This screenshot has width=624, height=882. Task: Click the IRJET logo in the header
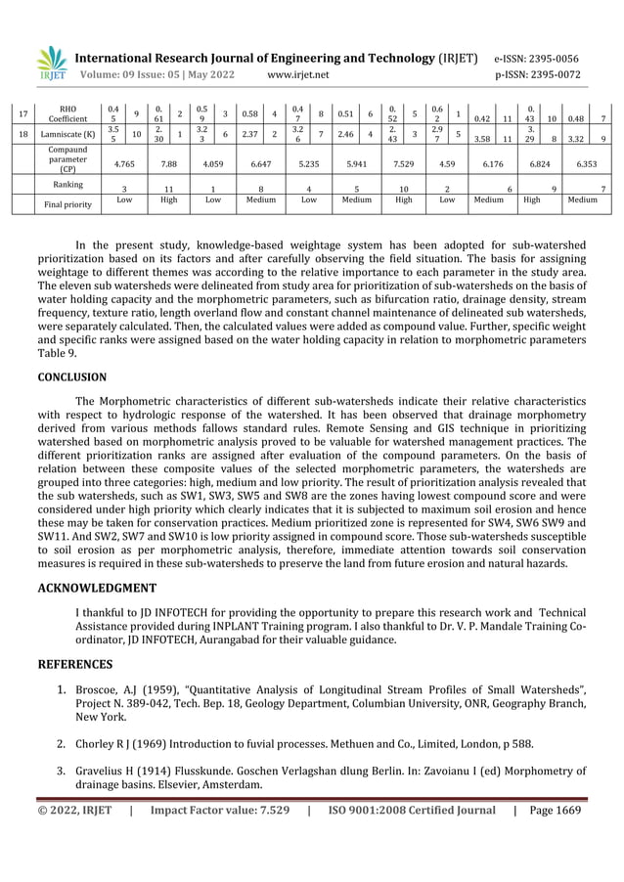pyautogui.click(x=52, y=65)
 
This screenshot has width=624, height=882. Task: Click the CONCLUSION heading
pyautogui.click(x=71, y=376)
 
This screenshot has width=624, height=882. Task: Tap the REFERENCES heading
pyautogui.click(x=75, y=664)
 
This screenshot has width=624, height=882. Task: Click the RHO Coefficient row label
pyautogui.click(x=67, y=114)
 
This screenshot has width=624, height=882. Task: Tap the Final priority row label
pyautogui.click(x=67, y=204)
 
